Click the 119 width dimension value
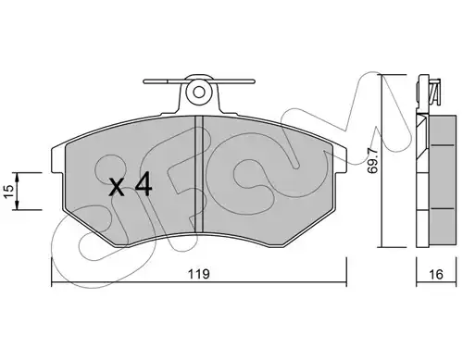click(x=199, y=274)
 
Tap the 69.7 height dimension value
click(x=373, y=160)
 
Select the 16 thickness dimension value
click(x=436, y=274)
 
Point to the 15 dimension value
click(x=9, y=192)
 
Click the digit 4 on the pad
click(x=144, y=184)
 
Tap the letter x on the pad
click(x=118, y=188)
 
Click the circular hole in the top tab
click(x=199, y=92)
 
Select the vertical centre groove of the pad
click(x=199, y=174)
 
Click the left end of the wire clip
click(x=144, y=81)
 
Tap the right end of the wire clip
click(x=254, y=81)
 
